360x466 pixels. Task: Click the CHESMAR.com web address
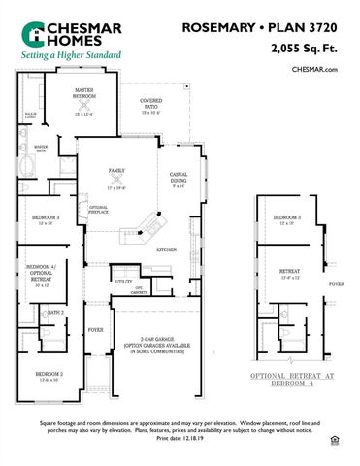click(x=314, y=69)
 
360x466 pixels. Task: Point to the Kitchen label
click(x=166, y=250)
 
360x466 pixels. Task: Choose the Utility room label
click(x=124, y=282)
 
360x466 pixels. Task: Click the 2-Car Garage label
click(x=161, y=342)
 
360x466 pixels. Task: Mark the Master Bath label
click(x=26, y=150)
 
